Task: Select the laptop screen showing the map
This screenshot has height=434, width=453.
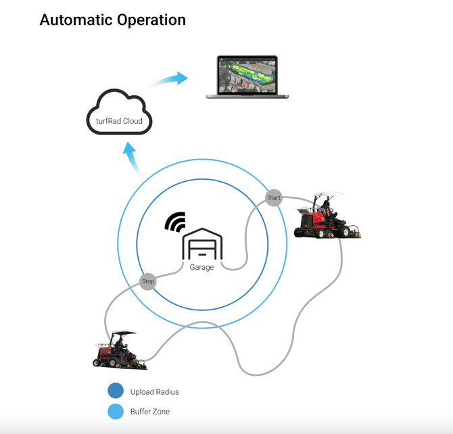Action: point(247,75)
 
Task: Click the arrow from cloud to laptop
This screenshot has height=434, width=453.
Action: point(170,80)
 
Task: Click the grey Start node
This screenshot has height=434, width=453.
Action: point(273,198)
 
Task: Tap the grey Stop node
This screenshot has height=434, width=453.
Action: point(147,281)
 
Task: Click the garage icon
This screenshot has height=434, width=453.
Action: point(202,245)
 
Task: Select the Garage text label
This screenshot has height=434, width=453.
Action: point(201,268)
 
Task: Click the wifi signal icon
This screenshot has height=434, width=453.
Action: point(176,222)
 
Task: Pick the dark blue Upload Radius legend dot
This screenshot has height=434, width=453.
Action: point(116,391)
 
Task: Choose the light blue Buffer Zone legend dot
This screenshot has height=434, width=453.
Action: point(116,410)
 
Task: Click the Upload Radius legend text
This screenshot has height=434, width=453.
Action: point(154,391)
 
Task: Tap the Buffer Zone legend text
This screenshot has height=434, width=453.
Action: point(150,411)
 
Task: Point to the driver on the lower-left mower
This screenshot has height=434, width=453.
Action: point(120,347)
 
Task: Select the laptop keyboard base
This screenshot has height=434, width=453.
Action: point(247,96)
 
